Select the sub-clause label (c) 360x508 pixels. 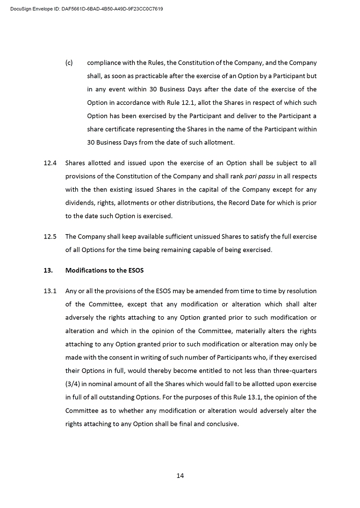pyautogui.click(x=69, y=63)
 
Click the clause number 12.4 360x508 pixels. pyautogui.click(x=50, y=163)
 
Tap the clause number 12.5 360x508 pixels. pyautogui.click(x=50, y=236)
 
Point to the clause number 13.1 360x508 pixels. pyautogui.click(x=50, y=291)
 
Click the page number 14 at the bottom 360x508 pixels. pyautogui.click(x=180, y=475)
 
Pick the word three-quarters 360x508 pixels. pyautogui.click(x=294, y=371)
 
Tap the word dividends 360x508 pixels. pyautogui.click(x=80, y=202)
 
